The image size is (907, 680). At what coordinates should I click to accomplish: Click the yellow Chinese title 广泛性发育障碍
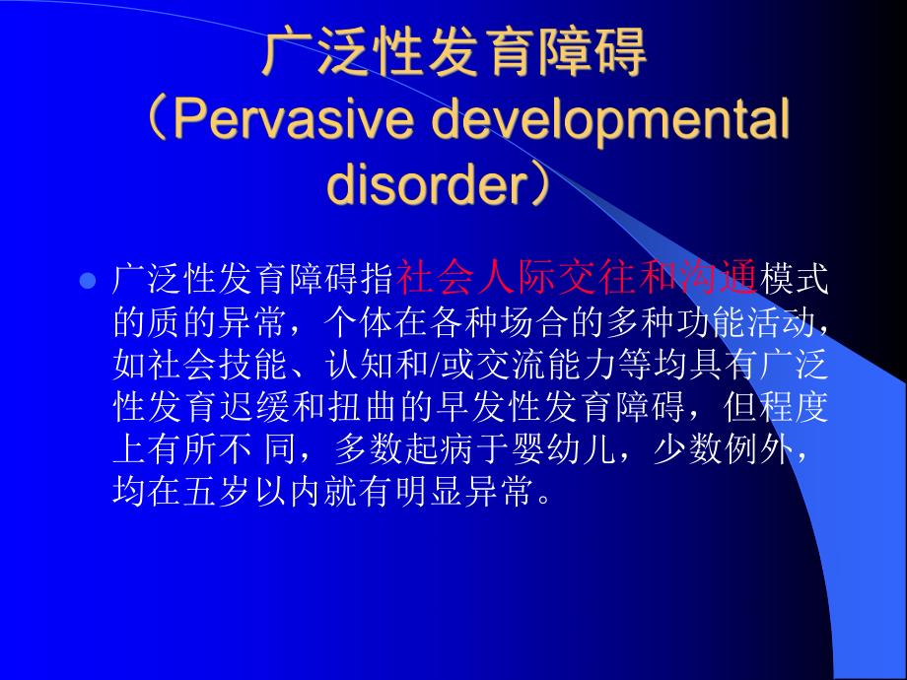click(454, 54)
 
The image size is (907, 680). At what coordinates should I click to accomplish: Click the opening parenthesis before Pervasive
click(157, 122)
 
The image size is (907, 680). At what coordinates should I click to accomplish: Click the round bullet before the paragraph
click(86, 281)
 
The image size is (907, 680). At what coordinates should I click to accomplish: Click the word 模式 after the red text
click(793, 279)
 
